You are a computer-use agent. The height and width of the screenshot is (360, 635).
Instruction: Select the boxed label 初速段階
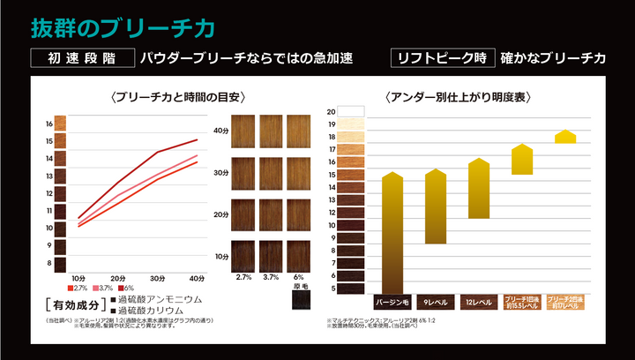click(81, 58)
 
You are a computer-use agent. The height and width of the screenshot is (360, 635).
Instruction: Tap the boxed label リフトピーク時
click(441, 58)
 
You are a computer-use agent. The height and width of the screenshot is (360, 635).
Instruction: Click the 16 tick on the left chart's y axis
click(49, 124)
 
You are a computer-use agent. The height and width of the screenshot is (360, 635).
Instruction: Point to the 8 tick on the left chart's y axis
click(49, 263)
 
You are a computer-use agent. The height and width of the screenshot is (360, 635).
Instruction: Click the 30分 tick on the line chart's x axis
click(158, 279)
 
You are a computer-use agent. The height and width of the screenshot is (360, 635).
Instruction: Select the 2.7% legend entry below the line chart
click(77, 289)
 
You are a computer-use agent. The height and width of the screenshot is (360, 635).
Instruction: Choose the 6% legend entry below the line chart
click(125, 289)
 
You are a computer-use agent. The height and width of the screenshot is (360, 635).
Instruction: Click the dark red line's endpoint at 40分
click(197, 140)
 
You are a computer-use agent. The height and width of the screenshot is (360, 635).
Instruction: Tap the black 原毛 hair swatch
click(302, 300)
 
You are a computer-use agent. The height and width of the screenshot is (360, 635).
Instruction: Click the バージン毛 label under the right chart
click(392, 302)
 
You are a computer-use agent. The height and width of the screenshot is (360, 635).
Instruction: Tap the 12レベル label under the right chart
click(478, 302)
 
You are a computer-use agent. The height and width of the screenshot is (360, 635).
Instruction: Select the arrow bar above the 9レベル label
click(436, 206)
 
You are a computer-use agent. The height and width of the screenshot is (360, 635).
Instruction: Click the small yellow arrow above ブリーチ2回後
click(565, 137)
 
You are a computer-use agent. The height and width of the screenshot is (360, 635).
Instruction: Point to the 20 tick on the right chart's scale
click(332, 112)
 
